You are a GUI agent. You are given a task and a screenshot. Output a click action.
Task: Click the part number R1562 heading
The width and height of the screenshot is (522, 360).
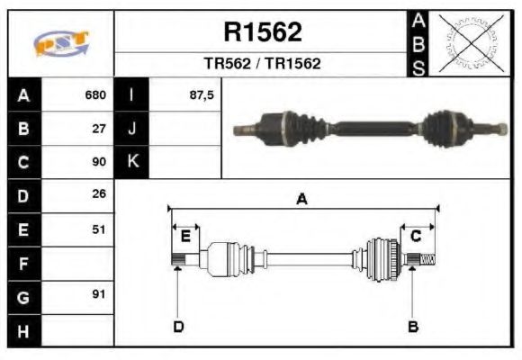click(262, 33)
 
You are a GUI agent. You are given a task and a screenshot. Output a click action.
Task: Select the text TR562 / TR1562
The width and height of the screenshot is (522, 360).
click(262, 65)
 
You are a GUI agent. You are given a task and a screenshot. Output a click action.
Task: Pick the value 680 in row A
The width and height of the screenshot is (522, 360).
click(95, 94)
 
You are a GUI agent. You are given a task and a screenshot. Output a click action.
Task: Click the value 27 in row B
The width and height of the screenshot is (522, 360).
click(100, 129)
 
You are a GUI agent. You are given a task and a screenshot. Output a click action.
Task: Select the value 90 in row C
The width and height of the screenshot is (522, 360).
click(100, 163)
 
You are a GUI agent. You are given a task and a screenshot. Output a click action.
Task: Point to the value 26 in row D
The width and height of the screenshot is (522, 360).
click(100, 193)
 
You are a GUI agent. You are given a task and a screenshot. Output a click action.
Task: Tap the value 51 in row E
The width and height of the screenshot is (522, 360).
click(100, 229)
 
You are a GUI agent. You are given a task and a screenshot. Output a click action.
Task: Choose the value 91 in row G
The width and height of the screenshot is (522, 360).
click(100, 294)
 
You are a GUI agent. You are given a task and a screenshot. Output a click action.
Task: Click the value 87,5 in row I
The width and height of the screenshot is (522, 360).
click(202, 94)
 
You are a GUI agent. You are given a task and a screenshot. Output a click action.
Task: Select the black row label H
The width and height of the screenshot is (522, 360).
click(23, 330)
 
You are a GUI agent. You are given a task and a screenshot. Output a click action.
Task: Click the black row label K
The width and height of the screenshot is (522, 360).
click(132, 162)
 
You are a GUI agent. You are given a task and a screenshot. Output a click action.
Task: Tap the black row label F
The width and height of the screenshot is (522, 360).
click(23, 263)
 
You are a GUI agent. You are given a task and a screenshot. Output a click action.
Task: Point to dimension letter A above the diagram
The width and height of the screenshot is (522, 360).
click(302, 200)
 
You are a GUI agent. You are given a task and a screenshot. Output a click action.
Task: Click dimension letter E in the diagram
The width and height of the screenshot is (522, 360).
click(185, 237)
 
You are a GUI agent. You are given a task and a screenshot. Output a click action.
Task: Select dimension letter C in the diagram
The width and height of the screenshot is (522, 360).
click(416, 237)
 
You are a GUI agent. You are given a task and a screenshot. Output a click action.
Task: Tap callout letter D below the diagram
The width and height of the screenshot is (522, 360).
click(178, 326)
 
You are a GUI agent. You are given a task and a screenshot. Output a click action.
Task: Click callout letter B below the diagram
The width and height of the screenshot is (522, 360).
click(413, 326)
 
